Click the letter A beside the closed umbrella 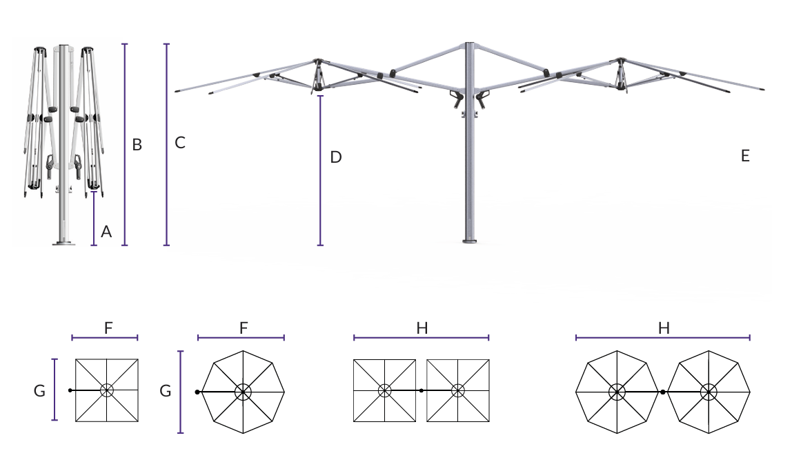106,232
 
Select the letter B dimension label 137,145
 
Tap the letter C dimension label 180,143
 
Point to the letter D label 336,157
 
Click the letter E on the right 745,156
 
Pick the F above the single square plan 108,328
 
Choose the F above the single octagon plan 244,328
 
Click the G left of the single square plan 39,391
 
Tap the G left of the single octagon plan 165,391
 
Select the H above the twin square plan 422,328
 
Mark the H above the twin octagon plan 664,328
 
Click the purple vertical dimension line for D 320,171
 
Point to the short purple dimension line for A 94,219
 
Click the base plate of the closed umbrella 64,244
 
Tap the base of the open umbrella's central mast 470,241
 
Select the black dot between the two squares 422,390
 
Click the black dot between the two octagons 663,392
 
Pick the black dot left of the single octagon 197,392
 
